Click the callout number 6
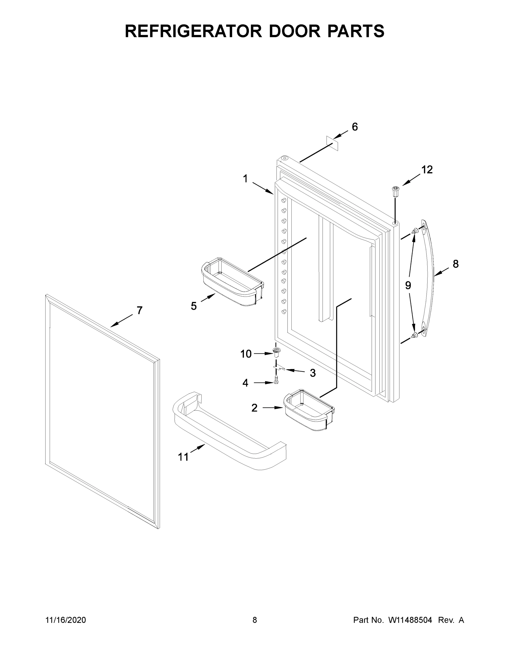(355, 127)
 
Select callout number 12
(427, 170)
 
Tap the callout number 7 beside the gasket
(139, 310)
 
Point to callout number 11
(183, 457)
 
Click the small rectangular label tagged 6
(332, 143)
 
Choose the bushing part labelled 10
(275, 351)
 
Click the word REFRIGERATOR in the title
(193, 31)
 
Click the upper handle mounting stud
(415, 231)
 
